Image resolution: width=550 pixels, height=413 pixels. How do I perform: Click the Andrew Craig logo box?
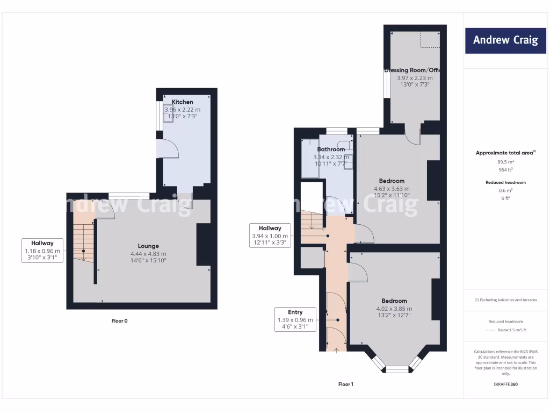505,40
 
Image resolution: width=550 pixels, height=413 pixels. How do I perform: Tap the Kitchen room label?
182,102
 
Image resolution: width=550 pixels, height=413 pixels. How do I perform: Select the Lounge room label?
148,246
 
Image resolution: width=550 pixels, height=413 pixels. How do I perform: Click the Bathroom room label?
331,149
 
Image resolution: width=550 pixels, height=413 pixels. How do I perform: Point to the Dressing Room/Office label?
413,70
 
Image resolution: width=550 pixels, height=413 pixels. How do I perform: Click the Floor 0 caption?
119,321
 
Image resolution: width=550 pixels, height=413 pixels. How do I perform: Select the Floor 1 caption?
346,384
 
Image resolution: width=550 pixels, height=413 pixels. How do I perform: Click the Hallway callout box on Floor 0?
43,250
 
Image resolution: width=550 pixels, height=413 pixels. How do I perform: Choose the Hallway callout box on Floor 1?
270,235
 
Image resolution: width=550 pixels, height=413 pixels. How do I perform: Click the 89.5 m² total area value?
505,161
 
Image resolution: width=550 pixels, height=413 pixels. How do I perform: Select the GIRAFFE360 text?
505,384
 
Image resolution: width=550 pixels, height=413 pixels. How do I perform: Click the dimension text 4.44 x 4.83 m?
148,254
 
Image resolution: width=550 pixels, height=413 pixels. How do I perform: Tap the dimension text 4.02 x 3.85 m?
394,309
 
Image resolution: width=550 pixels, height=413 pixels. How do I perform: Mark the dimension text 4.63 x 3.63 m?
392,189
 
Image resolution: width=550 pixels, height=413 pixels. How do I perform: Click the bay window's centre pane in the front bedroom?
397,369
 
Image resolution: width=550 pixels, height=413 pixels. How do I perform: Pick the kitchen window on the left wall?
160,115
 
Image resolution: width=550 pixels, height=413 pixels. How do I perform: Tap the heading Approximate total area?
505,153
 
